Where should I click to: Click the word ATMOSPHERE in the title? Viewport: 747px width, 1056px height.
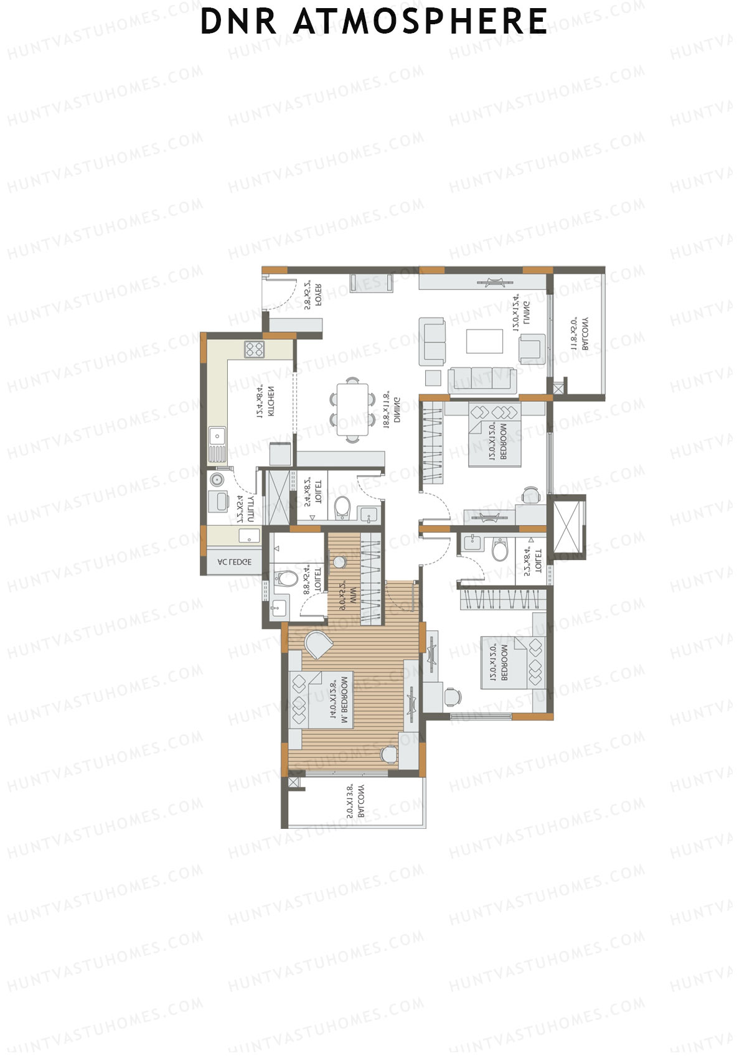click(x=420, y=22)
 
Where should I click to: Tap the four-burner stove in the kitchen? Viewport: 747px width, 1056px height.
click(x=254, y=349)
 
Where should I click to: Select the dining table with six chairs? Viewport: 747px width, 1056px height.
click(x=352, y=409)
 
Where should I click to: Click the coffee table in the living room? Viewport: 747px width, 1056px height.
click(x=484, y=341)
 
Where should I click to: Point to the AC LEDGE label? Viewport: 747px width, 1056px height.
click(x=234, y=562)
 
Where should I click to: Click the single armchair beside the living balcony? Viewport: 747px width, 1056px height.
click(x=532, y=348)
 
